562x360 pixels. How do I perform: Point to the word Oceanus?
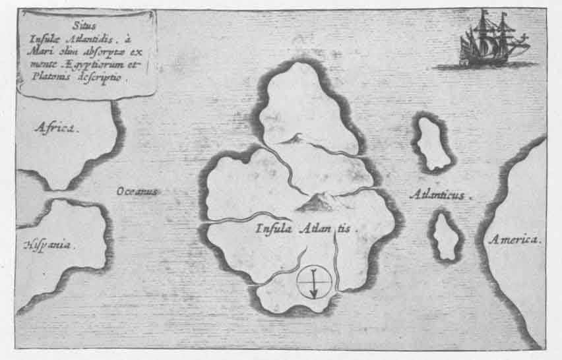pos(137,191)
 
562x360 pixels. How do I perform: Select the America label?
pos(514,239)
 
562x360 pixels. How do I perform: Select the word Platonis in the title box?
pos(46,76)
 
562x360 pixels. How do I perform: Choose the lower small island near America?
pos(447,235)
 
